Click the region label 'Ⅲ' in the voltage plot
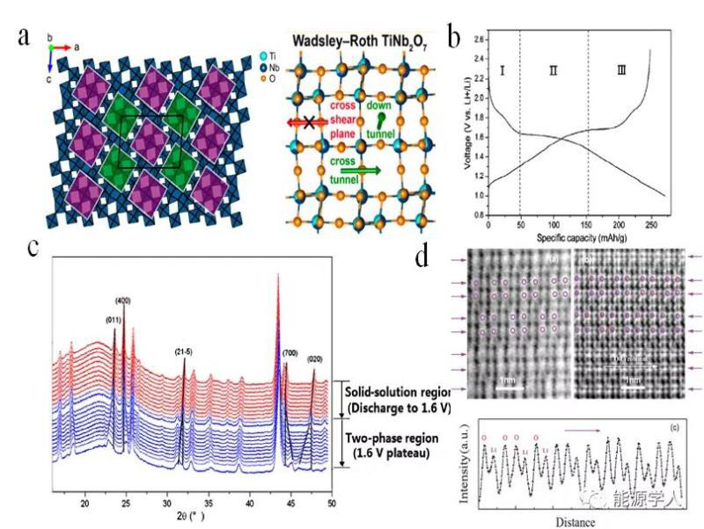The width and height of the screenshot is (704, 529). (622, 69)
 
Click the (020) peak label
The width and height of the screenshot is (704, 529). (314, 359)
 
